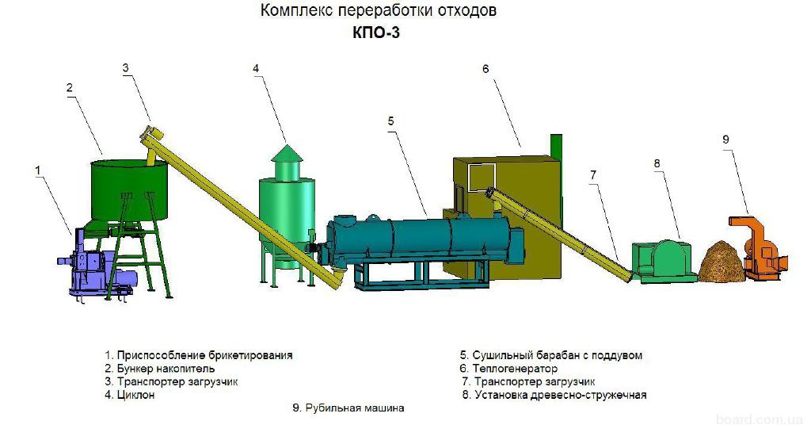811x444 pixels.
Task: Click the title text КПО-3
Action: tap(376, 33)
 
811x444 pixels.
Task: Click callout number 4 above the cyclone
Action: tap(256, 68)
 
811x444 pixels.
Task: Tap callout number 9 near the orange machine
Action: tap(725, 140)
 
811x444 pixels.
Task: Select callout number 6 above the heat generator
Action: tap(485, 69)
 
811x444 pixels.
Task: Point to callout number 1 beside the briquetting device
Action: tap(37, 170)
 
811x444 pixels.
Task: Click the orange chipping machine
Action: tap(759, 248)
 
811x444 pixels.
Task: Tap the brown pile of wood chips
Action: tap(722, 262)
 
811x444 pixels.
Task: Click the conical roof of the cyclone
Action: tap(287, 153)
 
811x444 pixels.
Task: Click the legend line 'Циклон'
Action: tap(130, 395)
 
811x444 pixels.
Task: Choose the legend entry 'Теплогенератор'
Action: tap(508, 369)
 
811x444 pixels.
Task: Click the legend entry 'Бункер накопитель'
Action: tap(159, 369)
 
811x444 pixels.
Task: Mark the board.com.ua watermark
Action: tap(760, 419)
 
